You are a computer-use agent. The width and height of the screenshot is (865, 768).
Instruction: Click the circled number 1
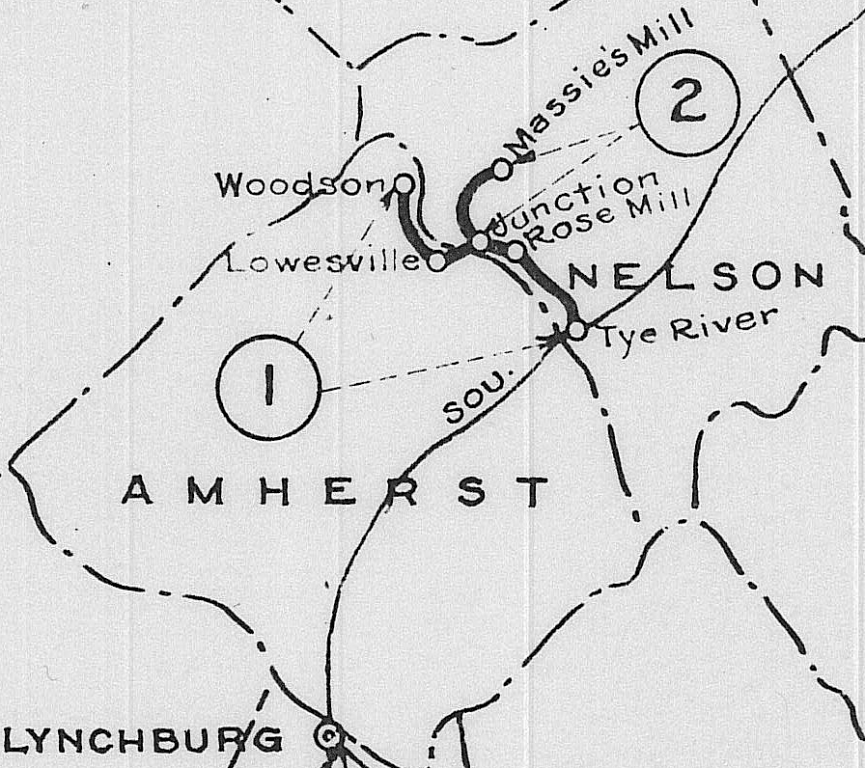(x=267, y=387)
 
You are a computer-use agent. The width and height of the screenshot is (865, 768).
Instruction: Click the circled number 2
(x=688, y=103)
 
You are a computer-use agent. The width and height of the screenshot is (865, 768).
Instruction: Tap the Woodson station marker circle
(x=405, y=182)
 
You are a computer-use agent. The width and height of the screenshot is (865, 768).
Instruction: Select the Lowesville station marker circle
(x=436, y=261)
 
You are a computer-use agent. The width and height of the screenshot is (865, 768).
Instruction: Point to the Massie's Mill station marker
(x=502, y=169)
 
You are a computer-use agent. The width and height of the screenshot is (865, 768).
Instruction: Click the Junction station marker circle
(x=480, y=241)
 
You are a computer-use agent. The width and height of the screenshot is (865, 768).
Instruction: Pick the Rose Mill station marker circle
(x=516, y=252)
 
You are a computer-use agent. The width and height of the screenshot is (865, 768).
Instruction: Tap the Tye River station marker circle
(x=576, y=330)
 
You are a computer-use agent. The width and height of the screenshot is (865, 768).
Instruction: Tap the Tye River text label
(x=684, y=331)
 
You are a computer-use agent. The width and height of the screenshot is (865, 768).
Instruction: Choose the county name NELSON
(x=695, y=278)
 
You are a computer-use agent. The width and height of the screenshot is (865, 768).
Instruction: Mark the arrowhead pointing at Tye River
(x=556, y=338)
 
